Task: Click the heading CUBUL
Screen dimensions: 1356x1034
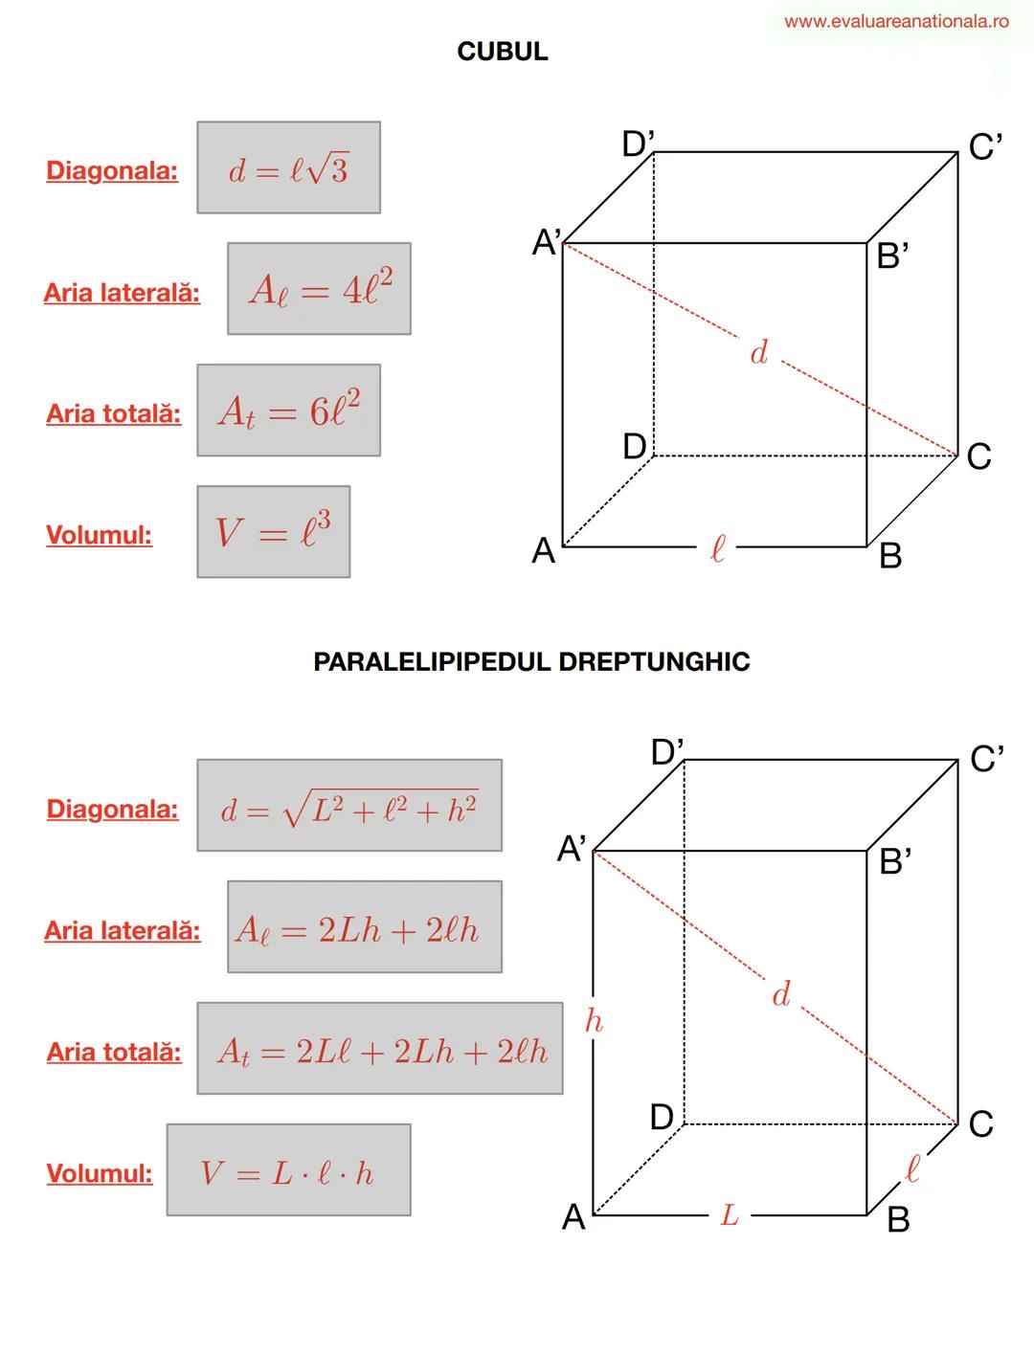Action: (503, 52)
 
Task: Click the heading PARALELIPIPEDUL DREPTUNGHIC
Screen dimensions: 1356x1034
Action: (531, 662)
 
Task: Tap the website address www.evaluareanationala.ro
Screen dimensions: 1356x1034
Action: (896, 21)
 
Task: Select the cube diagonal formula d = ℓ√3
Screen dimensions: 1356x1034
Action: (288, 168)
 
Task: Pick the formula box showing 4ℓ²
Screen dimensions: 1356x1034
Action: (319, 289)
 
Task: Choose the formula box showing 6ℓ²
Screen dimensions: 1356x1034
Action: (288, 411)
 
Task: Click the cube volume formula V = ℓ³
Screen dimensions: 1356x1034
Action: (273, 532)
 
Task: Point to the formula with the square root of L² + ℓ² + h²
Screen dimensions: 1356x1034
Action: (349, 806)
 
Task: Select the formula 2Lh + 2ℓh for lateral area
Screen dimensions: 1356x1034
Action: (364, 927)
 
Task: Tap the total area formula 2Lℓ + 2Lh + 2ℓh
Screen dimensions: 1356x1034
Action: (380, 1049)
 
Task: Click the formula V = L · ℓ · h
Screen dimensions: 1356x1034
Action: (288, 1170)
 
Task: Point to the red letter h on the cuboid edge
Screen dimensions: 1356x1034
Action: (594, 1021)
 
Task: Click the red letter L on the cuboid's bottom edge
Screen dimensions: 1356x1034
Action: (730, 1215)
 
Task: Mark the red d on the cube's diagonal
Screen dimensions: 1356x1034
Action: (758, 353)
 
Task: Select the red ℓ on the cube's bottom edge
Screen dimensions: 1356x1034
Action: (717, 548)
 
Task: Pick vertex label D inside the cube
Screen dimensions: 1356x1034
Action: (635, 446)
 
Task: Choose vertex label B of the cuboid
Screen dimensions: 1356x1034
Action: (897, 1220)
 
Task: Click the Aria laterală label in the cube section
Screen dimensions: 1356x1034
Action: (123, 293)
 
